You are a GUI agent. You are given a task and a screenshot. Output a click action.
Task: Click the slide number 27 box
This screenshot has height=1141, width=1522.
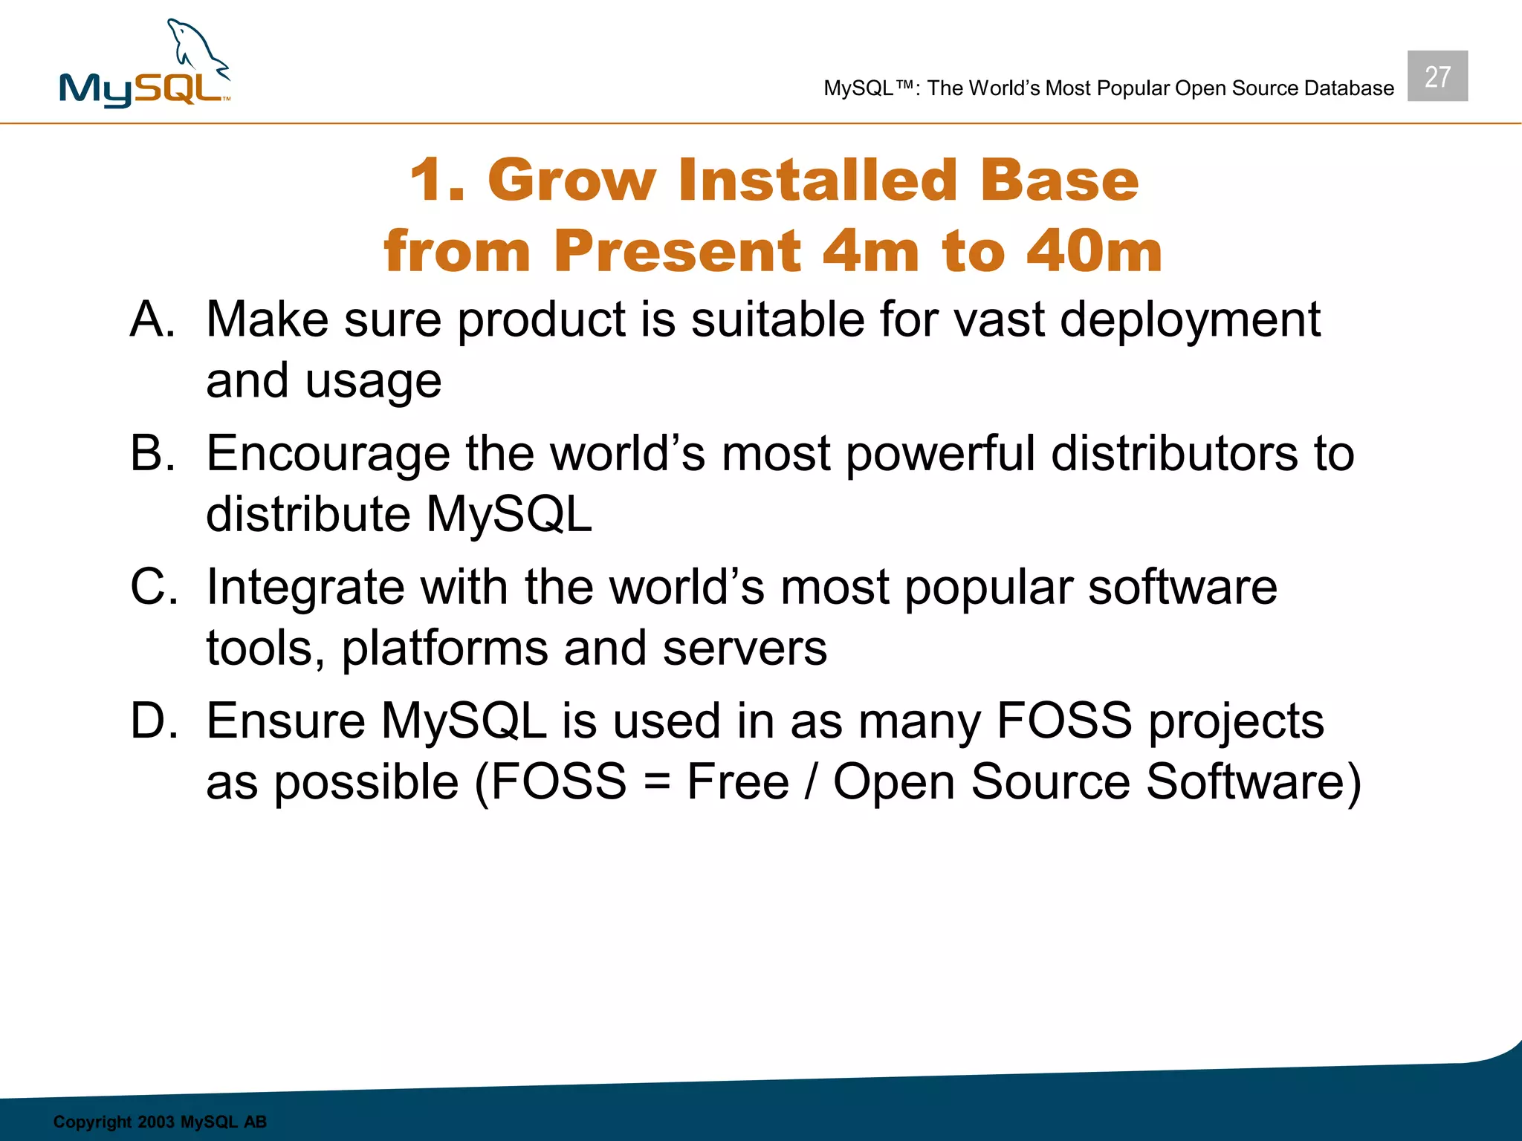point(1437,77)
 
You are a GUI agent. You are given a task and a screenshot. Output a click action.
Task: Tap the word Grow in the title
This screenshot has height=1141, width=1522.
point(571,181)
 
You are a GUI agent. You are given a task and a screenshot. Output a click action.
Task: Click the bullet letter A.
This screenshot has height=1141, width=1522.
point(152,319)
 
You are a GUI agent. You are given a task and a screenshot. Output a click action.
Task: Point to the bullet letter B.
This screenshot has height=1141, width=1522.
point(153,453)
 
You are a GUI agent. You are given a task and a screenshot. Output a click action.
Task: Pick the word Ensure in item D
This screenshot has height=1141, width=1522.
point(285,721)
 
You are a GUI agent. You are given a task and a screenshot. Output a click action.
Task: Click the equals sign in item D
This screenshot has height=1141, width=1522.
point(657,783)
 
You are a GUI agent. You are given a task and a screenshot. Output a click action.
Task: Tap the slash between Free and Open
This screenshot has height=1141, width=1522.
point(812,781)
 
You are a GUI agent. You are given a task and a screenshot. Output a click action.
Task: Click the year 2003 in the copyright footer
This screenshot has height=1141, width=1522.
point(155,1122)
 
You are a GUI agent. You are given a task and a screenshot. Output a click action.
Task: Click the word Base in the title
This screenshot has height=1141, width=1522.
point(1059,181)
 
